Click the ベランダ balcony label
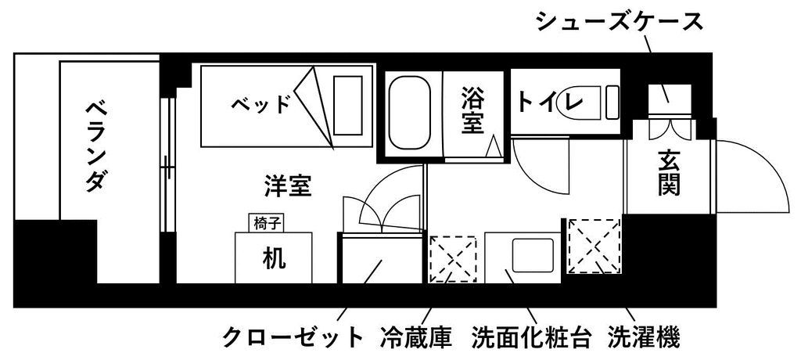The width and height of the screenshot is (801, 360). (x=97, y=146)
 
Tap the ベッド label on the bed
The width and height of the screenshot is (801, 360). (x=260, y=105)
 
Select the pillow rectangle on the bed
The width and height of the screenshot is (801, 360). (x=348, y=106)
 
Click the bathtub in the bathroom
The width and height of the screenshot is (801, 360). (x=410, y=113)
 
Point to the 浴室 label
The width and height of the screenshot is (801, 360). (x=472, y=110)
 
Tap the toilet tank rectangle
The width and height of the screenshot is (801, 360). (x=612, y=103)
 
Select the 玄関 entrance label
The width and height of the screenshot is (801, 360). (x=668, y=173)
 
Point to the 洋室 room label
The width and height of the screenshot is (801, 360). (x=288, y=185)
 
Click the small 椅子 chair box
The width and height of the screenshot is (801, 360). (x=266, y=223)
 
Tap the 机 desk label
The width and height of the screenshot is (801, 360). (x=275, y=258)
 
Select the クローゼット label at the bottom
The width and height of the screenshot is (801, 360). (x=293, y=337)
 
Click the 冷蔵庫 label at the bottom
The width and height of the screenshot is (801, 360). (x=416, y=337)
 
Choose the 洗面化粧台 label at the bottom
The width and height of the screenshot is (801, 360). (x=532, y=337)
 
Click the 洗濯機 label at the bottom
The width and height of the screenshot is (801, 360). (x=644, y=337)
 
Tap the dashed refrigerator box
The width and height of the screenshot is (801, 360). (x=453, y=259)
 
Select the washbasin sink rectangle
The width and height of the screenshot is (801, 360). (x=533, y=254)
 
